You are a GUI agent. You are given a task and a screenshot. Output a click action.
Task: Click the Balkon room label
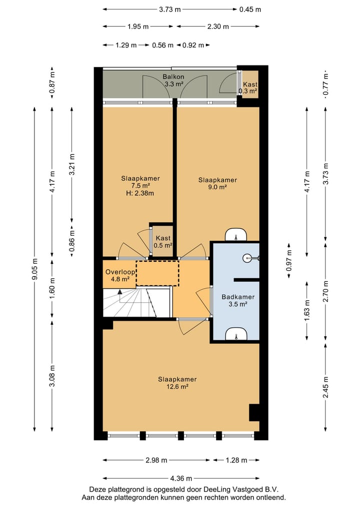point(173,77)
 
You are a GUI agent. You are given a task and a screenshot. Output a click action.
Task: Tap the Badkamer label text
point(237,297)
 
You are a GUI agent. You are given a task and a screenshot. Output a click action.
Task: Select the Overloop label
point(120,272)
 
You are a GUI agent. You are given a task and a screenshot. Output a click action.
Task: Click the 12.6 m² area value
point(177,387)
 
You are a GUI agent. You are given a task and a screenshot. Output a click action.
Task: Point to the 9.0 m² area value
point(217,187)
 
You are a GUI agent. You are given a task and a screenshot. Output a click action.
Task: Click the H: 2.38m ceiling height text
point(140,193)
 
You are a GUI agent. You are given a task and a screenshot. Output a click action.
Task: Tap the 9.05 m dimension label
point(34,269)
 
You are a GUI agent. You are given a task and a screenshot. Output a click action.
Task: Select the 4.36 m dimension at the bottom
point(181,478)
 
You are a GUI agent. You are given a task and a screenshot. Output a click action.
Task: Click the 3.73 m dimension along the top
point(169,9)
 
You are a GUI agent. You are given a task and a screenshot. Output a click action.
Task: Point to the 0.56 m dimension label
point(162,45)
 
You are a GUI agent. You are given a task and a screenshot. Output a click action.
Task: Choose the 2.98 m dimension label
point(156,460)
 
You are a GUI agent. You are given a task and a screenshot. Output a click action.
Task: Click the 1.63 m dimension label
point(307,310)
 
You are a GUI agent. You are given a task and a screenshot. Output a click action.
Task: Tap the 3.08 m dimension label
point(52,376)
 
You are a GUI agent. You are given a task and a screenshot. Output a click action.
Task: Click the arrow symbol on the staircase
point(120,292)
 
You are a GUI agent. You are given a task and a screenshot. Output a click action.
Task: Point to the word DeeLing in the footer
point(215,489)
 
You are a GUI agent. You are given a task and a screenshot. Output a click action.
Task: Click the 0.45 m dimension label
point(250,9)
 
